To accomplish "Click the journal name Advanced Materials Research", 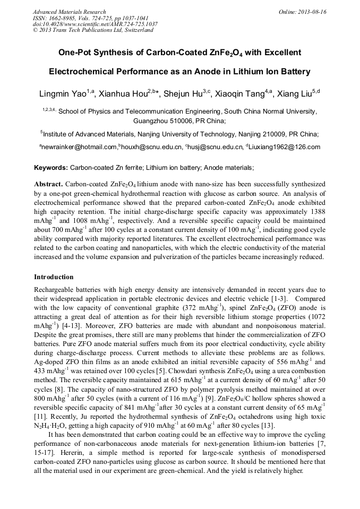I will [x=69, y=12].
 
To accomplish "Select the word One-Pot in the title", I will [x=77, y=53].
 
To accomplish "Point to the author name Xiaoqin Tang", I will [x=241, y=94].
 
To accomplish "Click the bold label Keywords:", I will [x=51, y=168].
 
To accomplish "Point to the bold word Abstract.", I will [x=48, y=183].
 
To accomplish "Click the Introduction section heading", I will [x=54, y=277].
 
